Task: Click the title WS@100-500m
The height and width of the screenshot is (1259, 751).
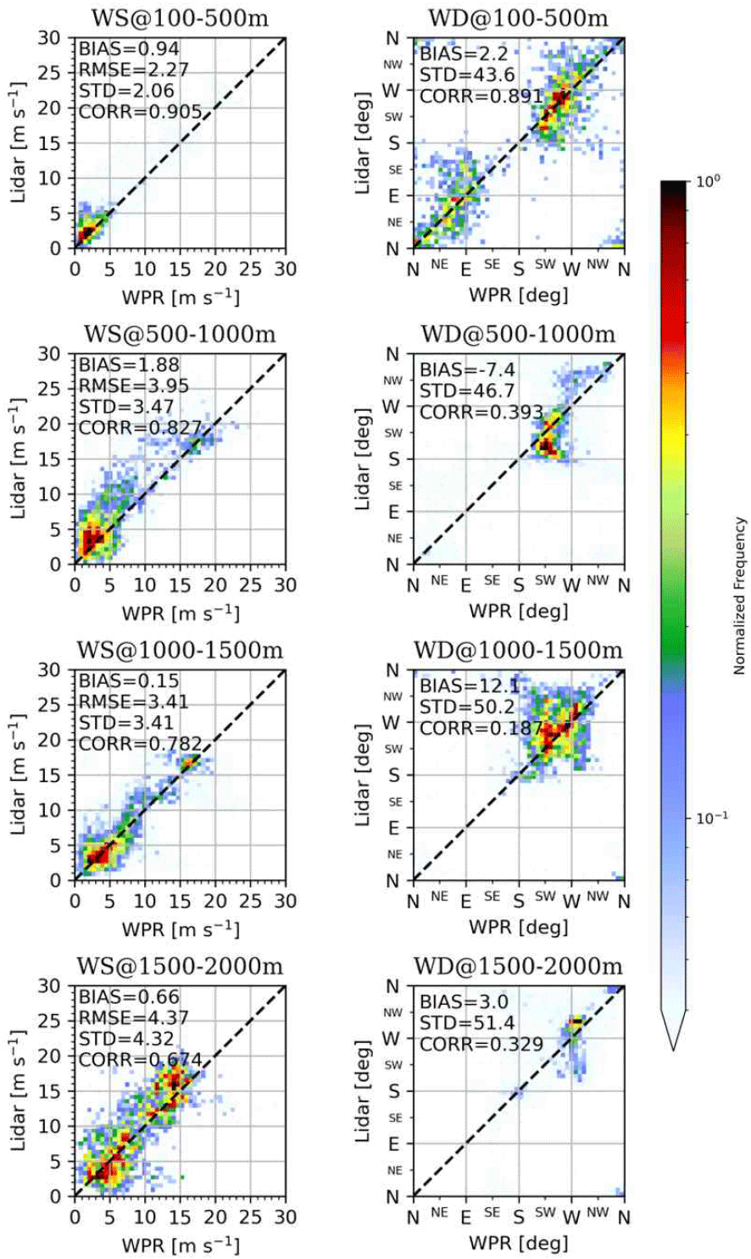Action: click(179, 18)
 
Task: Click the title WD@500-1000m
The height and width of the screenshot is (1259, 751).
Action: click(518, 334)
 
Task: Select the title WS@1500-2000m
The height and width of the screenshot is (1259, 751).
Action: click(179, 967)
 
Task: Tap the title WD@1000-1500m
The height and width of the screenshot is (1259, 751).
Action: click(518, 650)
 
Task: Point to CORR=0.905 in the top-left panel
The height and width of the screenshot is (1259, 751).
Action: click(141, 112)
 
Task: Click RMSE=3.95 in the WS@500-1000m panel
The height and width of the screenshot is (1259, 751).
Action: click(134, 386)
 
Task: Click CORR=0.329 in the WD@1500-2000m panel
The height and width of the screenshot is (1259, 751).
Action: click(481, 1044)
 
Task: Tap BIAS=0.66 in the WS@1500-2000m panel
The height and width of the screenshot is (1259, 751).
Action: click(130, 996)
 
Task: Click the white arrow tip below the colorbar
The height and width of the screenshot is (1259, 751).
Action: click(674, 1048)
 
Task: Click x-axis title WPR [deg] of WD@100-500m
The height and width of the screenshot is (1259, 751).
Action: click(518, 295)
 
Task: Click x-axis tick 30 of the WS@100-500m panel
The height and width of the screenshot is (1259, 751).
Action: click(286, 269)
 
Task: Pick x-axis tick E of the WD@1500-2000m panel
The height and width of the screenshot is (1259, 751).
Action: click(465, 1217)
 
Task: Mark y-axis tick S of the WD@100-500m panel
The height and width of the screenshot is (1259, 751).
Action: click(393, 143)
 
